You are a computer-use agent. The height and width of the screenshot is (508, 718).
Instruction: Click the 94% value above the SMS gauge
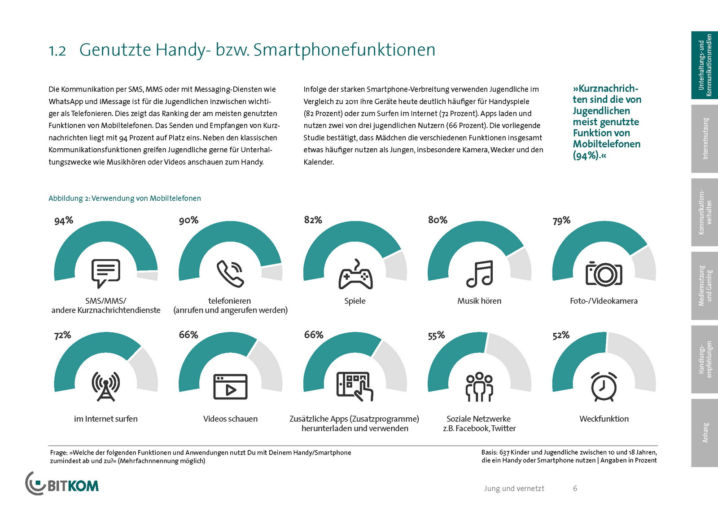click(x=64, y=221)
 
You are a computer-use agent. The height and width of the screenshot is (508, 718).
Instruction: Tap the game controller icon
click(x=355, y=275)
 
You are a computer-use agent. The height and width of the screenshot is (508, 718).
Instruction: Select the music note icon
click(x=479, y=274)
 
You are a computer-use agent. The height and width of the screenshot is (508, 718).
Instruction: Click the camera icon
click(x=604, y=273)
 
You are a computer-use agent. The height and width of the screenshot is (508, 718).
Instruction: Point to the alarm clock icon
click(x=604, y=386)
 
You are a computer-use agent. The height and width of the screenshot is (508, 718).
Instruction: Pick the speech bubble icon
click(x=106, y=273)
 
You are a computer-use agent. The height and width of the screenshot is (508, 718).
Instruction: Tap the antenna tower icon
click(x=106, y=386)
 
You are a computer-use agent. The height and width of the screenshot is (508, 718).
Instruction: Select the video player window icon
click(x=230, y=386)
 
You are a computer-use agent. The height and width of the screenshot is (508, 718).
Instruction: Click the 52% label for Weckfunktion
click(x=561, y=335)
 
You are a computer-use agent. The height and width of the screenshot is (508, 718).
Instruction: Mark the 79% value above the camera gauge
click(x=561, y=221)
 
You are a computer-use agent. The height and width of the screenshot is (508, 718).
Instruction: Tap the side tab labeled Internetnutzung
click(x=705, y=139)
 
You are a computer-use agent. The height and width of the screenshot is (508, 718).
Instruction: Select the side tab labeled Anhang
click(x=705, y=433)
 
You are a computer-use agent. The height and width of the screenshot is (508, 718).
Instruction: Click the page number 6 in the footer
click(x=575, y=488)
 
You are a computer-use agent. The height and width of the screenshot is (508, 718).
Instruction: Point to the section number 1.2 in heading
click(x=57, y=51)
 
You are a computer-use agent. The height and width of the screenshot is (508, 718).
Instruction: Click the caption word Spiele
click(x=355, y=301)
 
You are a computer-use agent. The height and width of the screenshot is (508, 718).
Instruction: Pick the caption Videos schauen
click(x=230, y=419)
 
